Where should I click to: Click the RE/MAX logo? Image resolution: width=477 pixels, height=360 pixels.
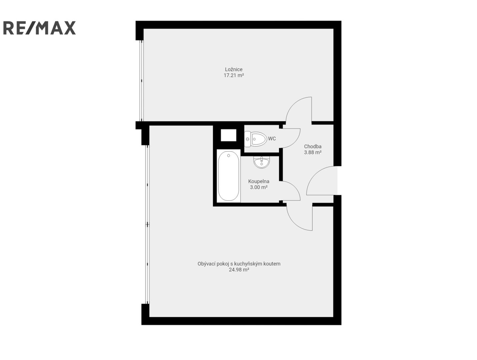(39, 28)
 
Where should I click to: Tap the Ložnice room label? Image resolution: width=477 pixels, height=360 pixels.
(234, 69)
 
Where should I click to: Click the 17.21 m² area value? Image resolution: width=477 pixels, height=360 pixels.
(234, 75)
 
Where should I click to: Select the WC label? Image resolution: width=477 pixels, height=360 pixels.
(272, 139)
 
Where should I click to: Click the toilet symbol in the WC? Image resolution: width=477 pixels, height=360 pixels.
(256, 139)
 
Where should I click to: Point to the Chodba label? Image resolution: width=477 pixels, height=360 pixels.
(313, 146)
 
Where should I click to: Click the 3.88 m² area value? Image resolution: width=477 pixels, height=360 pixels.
(313, 153)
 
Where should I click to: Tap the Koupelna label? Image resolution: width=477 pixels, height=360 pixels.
(259, 181)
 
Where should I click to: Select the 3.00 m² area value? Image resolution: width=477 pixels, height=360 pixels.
(259, 187)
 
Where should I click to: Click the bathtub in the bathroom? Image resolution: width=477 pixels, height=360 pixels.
(229, 176)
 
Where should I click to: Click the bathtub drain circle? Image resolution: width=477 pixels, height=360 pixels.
(228, 156)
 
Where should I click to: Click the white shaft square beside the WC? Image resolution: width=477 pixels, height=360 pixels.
(228, 135)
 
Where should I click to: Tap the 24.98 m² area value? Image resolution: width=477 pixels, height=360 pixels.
(239, 270)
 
